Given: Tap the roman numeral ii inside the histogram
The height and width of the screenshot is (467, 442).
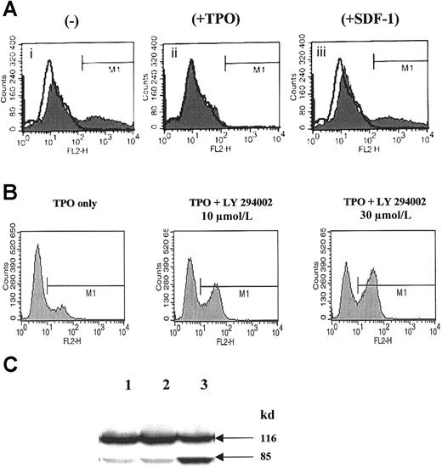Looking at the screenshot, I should click(174, 53).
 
